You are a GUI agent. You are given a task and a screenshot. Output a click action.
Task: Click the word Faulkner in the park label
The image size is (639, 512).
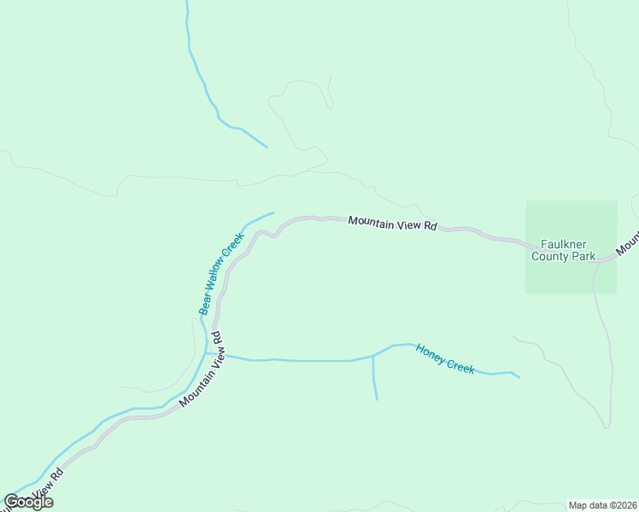[x=561, y=243]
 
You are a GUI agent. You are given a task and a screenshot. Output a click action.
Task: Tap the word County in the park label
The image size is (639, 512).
[x=549, y=255]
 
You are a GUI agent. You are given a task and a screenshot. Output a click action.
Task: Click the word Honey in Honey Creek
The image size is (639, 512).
[x=431, y=353]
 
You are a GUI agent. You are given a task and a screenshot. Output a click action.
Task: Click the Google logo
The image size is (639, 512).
[x=28, y=502]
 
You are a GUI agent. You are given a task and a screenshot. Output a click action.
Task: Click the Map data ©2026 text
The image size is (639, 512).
[x=602, y=505]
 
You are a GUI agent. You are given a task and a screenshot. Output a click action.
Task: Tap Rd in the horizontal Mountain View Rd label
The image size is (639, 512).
[x=431, y=227]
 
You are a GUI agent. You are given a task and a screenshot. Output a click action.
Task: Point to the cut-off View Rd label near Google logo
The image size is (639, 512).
[x=46, y=486]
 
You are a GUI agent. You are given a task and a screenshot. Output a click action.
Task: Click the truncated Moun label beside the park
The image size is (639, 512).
[x=627, y=244]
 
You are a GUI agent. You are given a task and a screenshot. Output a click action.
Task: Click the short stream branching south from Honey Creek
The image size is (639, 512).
[x=374, y=380]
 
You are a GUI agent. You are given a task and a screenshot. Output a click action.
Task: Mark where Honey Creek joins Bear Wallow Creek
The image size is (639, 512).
[x=207, y=352]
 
